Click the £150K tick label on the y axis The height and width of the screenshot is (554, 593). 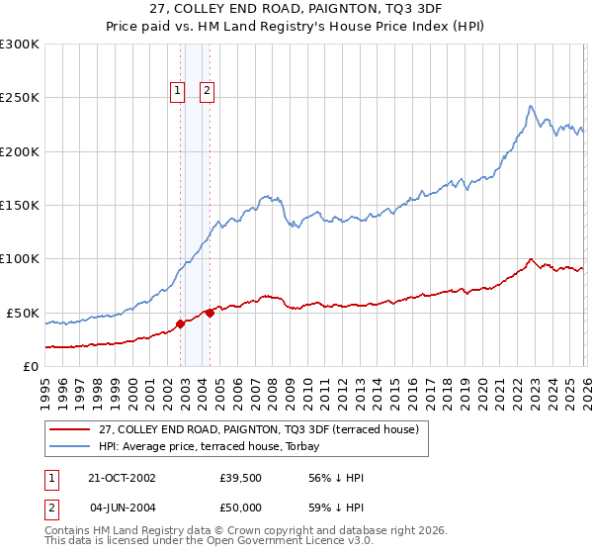(x=19, y=206)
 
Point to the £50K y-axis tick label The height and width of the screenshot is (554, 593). (x=22, y=313)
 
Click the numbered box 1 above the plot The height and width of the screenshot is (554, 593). (x=178, y=91)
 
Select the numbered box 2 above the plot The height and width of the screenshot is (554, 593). (x=208, y=91)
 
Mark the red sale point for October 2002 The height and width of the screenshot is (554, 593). (x=181, y=323)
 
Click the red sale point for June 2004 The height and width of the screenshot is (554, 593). (x=210, y=313)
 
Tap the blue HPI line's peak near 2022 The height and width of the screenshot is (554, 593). (x=531, y=106)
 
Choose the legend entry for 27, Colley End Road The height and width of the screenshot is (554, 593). (x=259, y=429)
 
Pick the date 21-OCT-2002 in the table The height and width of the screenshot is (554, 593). (x=115, y=478)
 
